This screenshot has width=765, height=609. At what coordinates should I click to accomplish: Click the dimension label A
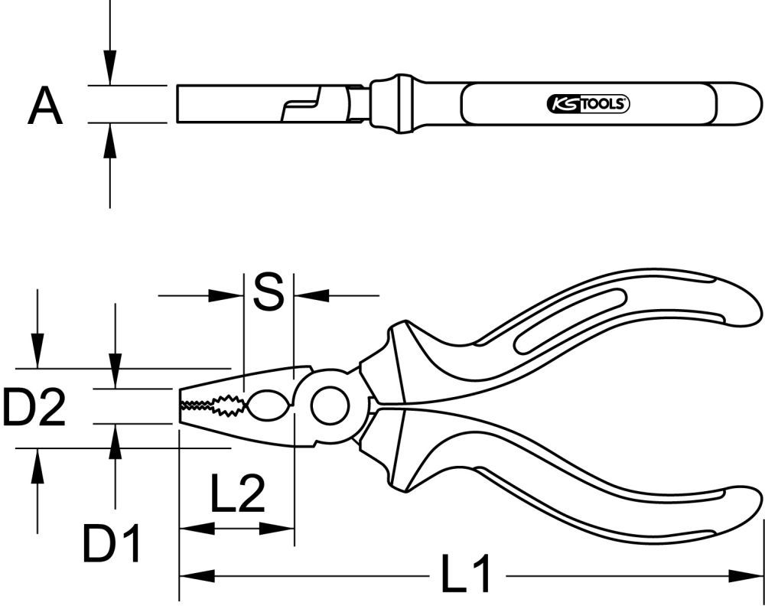45,106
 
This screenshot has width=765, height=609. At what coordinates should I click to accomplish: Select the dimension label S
268,293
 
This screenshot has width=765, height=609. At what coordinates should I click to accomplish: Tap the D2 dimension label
34,407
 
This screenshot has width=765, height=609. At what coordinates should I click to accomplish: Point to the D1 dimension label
112,545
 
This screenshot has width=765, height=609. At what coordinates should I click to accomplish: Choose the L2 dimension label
237,495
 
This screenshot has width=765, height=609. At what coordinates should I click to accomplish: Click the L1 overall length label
467,575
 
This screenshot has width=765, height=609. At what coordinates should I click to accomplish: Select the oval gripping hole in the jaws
268,404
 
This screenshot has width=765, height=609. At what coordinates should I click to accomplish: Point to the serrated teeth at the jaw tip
207,405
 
